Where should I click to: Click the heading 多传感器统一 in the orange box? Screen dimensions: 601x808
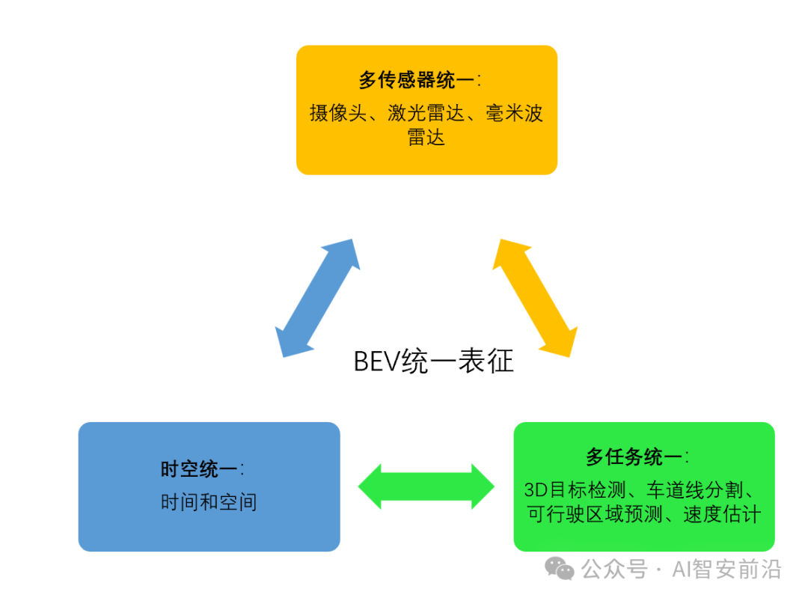tap(416, 80)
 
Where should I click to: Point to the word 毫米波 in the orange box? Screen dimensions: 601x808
tap(513, 113)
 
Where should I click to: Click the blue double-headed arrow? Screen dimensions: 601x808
tap(317, 298)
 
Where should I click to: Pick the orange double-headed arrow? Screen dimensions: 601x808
tap(535, 298)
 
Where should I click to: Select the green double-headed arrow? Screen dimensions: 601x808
tap(426, 486)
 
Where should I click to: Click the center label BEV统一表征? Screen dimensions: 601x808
tap(433, 361)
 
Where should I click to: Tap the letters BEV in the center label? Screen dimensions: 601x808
tap(376, 361)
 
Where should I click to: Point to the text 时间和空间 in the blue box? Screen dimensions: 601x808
tap(209, 501)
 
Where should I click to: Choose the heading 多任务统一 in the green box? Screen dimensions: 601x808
tap(634, 457)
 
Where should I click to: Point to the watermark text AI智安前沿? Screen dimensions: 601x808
tap(726, 570)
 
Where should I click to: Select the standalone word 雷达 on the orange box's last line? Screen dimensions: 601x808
tap(426, 137)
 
